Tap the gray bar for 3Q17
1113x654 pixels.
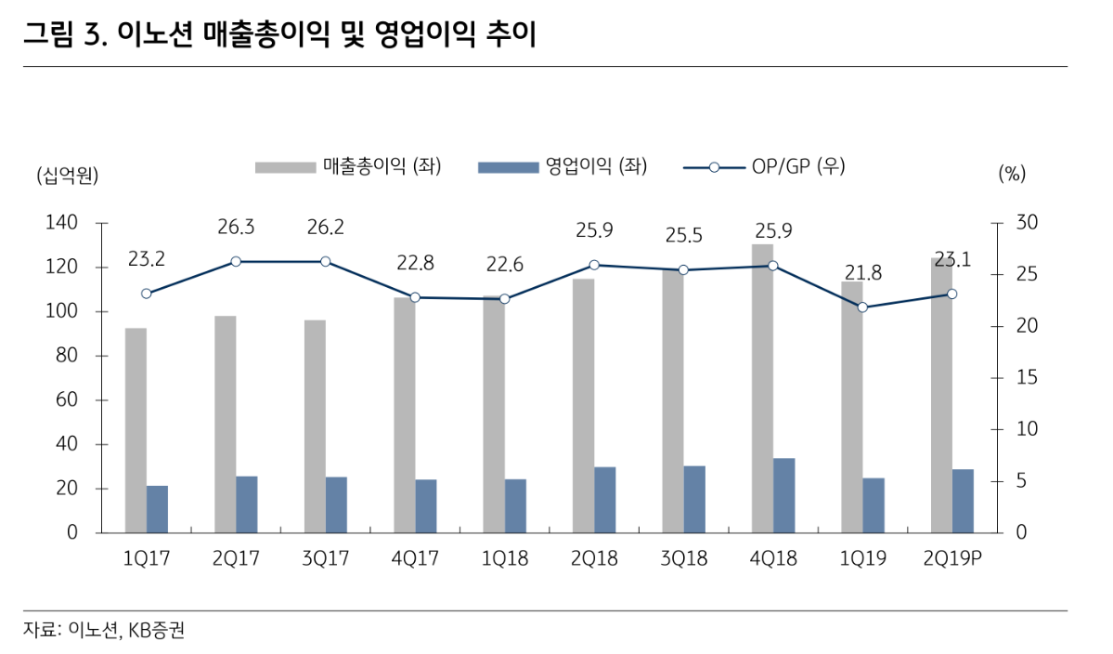point(315,426)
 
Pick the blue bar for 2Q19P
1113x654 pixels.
point(963,501)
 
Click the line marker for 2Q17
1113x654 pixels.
point(236,262)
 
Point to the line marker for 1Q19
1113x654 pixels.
point(862,307)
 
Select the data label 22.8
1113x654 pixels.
point(415,263)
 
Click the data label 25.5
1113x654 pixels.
point(683,236)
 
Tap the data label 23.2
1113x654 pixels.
point(147,259)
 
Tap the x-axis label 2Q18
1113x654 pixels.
point(594,559)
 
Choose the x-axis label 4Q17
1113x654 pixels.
point(415,559)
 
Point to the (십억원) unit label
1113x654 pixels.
point(67,175)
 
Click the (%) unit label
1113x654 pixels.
point(1012,174)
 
